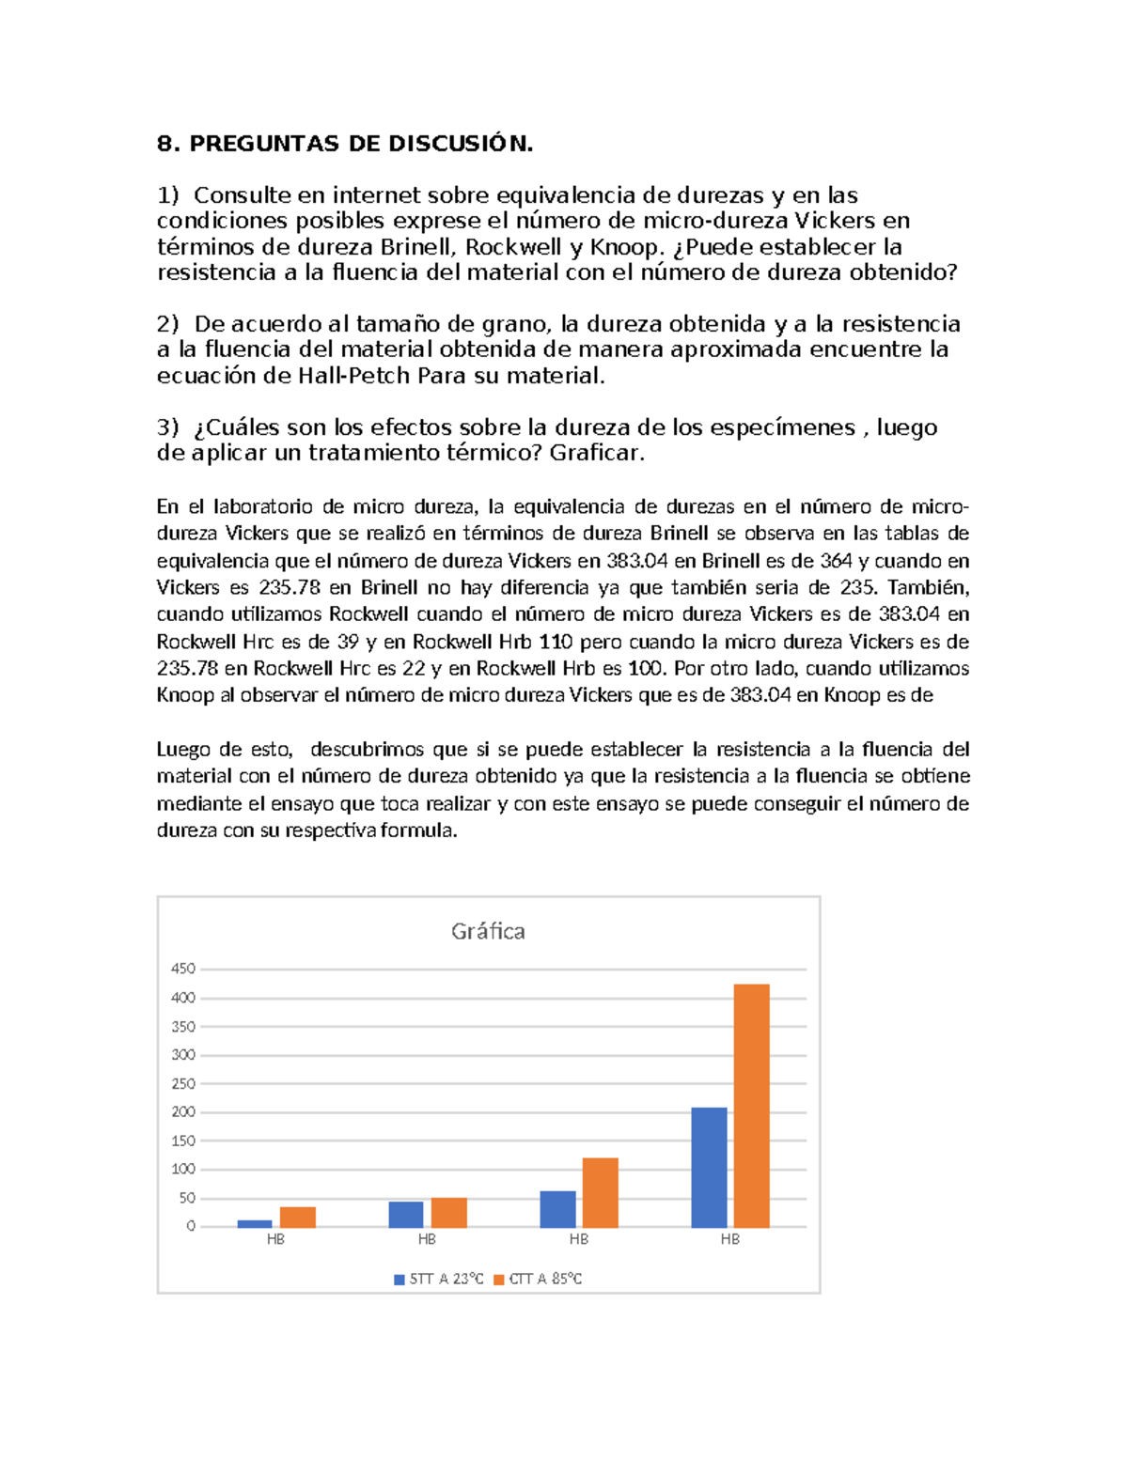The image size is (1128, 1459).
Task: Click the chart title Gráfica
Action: click(488, 931)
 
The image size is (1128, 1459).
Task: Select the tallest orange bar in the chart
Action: click(751, 1105)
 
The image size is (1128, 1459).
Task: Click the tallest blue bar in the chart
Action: click(709, 1167)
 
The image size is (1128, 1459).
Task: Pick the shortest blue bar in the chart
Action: click(255, 1223)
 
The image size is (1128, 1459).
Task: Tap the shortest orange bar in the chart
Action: click(298, 1217)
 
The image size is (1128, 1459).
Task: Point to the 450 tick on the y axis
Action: click(182, 969)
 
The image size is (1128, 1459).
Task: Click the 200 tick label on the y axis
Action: click(182, 1112)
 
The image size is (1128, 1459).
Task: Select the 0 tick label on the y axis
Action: click(191, 1226)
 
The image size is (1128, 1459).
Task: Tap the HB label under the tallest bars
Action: click(729, 1239)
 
